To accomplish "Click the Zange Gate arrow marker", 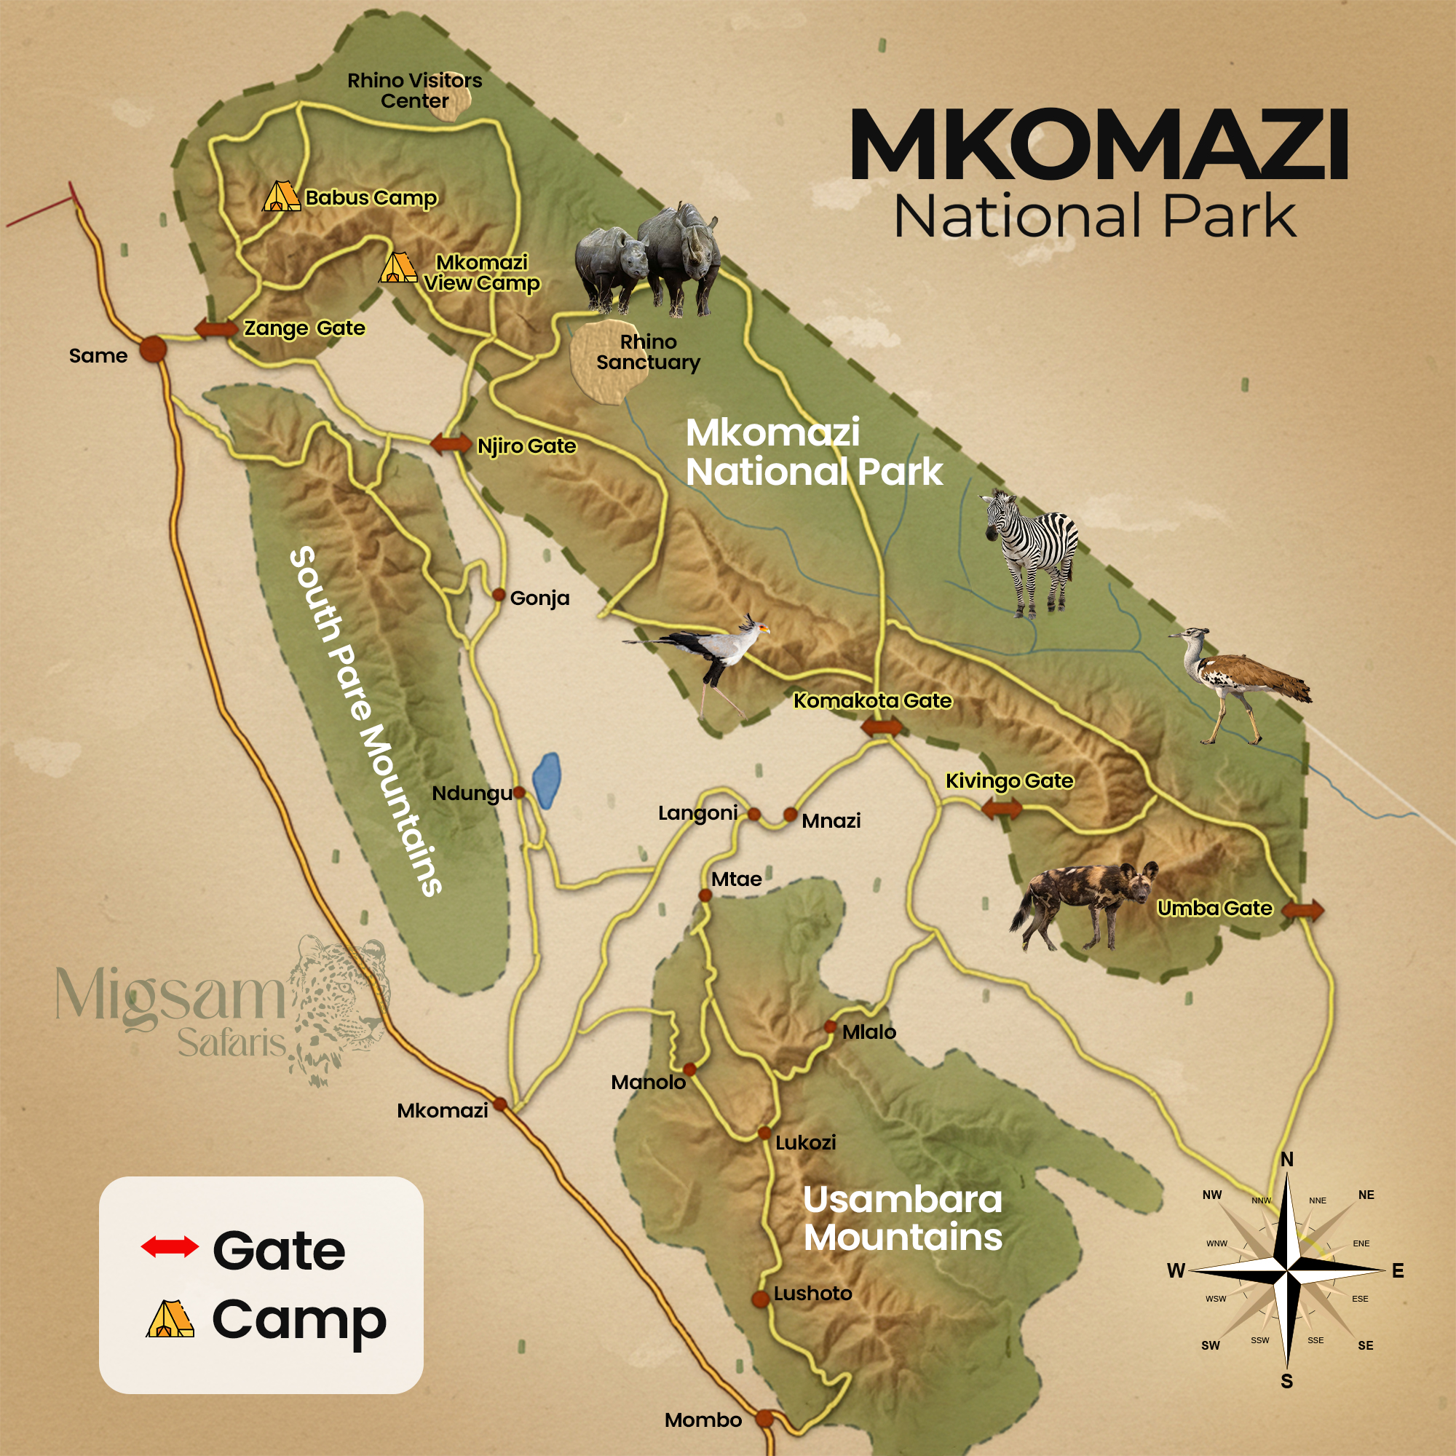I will [x=216, y=328].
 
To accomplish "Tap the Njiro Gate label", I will [x=527, y=446].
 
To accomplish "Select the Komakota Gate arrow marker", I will [x=881, y=728].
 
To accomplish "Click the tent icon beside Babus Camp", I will [x=280, y=197].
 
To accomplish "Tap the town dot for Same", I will [x=153, y=349].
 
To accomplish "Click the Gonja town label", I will [x=539, y=598].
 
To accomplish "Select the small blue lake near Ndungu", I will [x=547, y=780].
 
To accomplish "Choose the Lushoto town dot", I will [x=761, y=1299].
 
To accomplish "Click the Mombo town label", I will [x=703, y=1420].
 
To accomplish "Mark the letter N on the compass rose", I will [x=1287, y=1159].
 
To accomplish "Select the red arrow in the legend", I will [x=170, y=1247].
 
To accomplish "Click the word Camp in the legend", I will [x=299, y=1321].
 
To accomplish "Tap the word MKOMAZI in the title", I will [x=1099, y=145].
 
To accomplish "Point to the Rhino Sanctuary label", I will [x=648, y=352].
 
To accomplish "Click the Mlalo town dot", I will [x=830, y=1026].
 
